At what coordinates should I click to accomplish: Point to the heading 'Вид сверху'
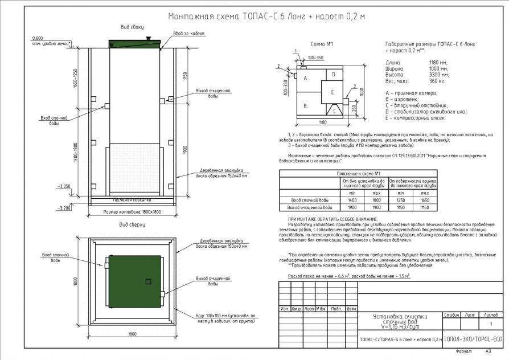[132, 226]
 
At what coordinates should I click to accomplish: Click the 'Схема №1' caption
[323, 44]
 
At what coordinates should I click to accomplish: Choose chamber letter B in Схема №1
[306, 106]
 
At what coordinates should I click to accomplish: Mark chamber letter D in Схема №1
[334, 75]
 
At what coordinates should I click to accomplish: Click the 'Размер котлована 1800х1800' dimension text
[132, 212]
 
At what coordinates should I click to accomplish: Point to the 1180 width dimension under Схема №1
[322, 122]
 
